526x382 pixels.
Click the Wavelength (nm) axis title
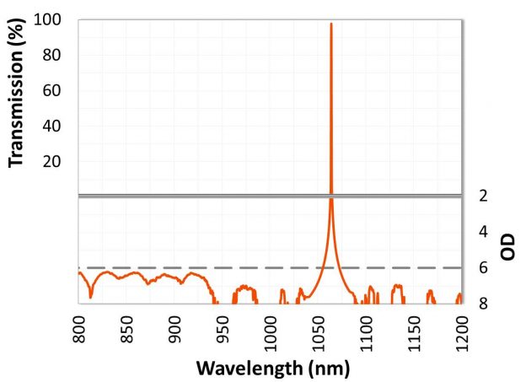272,369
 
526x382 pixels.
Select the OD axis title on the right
508,248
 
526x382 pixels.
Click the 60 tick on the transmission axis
57,90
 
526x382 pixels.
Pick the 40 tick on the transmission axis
57,126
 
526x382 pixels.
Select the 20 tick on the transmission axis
57,161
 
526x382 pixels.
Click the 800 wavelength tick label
79,326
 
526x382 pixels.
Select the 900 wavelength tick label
174,326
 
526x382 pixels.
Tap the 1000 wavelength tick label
270,330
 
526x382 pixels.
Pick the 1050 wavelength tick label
318,330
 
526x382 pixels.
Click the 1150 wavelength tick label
413,330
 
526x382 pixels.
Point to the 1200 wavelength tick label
460,330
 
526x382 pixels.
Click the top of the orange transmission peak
331,24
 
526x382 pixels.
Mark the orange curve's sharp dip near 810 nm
90,297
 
